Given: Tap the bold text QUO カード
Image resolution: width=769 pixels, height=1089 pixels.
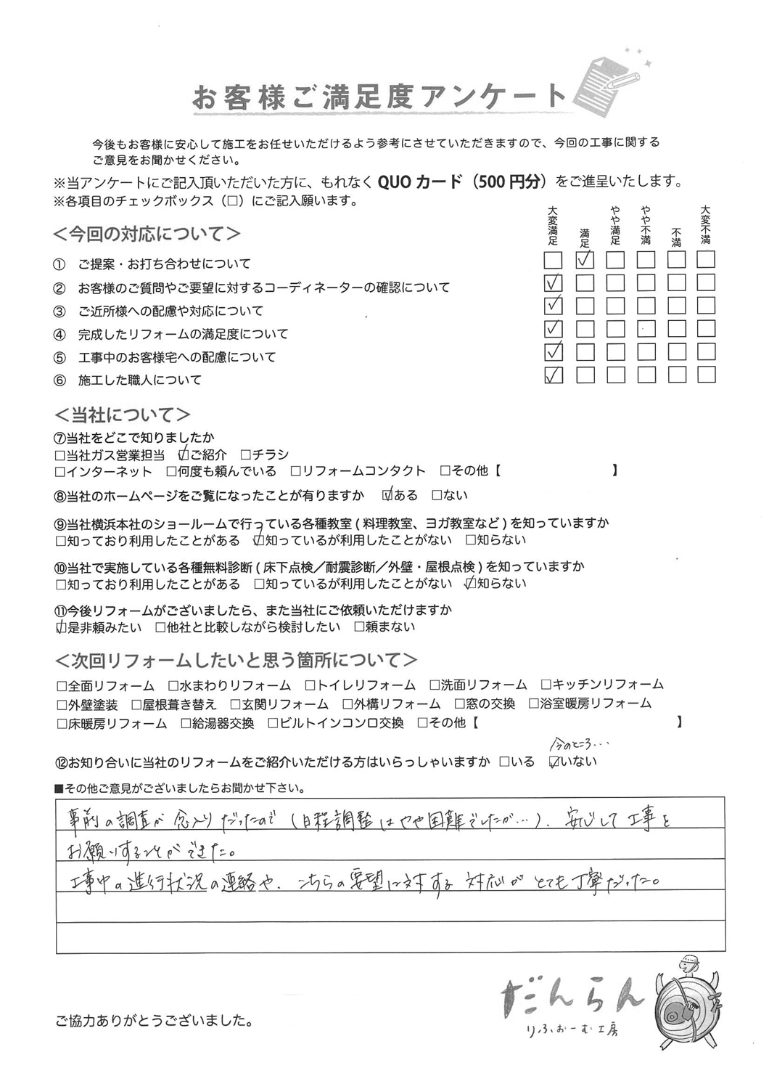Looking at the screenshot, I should coord(419,182).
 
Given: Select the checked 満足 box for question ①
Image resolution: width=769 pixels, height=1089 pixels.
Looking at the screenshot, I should coord(584,259).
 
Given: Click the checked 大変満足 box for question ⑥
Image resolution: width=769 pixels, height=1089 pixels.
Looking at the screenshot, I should coord(553,375).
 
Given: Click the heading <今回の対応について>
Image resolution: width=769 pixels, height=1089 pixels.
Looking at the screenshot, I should coord(147,234).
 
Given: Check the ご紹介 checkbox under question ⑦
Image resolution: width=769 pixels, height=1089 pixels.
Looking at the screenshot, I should coord(184,454).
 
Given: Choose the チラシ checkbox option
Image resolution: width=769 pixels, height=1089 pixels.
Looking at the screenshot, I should coord(245,454).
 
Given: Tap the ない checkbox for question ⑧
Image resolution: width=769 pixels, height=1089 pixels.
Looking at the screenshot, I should coord(437,495).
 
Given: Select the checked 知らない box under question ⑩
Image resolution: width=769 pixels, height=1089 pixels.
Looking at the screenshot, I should coord(470,583).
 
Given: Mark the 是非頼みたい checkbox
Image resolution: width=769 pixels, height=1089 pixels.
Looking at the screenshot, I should coord(61,627).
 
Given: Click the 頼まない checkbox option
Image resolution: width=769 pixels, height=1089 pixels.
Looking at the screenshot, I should coord(358,627).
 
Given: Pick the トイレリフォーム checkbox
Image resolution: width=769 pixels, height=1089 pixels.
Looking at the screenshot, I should coord(310,685).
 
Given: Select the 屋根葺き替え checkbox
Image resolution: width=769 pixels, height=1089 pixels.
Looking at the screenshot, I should coord(136,703).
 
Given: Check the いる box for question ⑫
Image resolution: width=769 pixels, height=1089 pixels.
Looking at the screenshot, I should coord(504,762).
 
